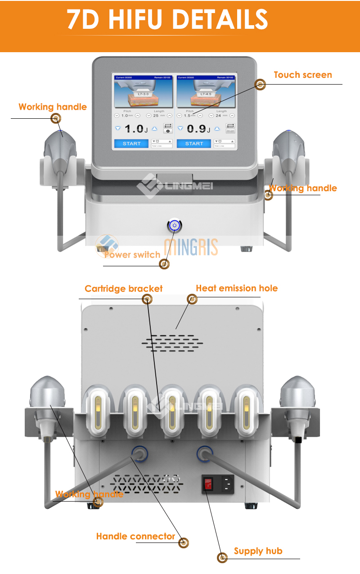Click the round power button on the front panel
coord(174,225)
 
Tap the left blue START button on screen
coord(131,143)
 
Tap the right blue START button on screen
coord(194,143)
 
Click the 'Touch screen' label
coord(302,75)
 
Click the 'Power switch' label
coord(132,255)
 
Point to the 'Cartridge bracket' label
coord(123,289)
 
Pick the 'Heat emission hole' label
coord(237,288)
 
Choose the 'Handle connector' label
coord(135,536)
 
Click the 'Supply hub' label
coord(258,551)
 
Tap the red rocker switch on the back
coord(208,484)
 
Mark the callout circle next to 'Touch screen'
coord(260,84)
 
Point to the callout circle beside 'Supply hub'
coord(222,558)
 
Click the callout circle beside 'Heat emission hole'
coord(192,299)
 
